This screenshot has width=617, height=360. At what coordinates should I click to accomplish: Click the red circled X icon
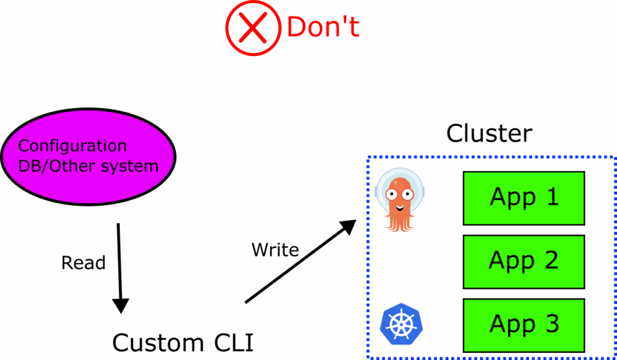(x=253, y=28)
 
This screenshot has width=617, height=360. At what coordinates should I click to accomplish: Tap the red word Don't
(x=323, y=28)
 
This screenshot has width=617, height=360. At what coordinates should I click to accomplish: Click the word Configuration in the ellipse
(x=72, y=146)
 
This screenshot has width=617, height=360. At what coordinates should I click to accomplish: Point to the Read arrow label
(x=83, y=263)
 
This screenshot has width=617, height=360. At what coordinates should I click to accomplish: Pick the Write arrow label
(x=275, y=249)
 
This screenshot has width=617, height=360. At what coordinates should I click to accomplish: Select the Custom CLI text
(x=183, y=343)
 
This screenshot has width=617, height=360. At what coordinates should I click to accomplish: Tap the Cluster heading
(x=489, y=133)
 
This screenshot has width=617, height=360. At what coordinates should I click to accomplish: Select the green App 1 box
(x=523, y=198)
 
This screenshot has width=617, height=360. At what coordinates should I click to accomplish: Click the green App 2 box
(x=523, y=261)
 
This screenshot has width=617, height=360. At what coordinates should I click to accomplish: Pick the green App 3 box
(x=523, y=324)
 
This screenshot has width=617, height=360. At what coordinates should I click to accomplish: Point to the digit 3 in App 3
(x=552, y=324)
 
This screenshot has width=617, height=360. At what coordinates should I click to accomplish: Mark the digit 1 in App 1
(x=552, y=197)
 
